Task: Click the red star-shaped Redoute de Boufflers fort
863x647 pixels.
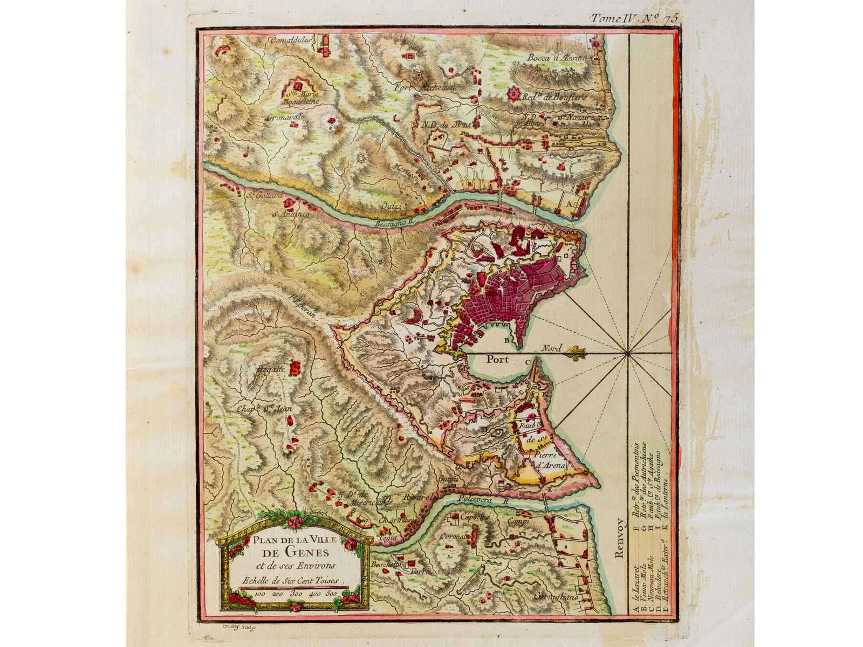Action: pos(515,95)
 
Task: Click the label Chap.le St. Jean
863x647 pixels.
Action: pos(264,409)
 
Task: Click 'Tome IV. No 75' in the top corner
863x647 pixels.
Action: pos(633,18)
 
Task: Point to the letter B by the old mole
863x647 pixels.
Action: pos(506,341)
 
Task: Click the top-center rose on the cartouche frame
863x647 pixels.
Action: pos(294,521)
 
